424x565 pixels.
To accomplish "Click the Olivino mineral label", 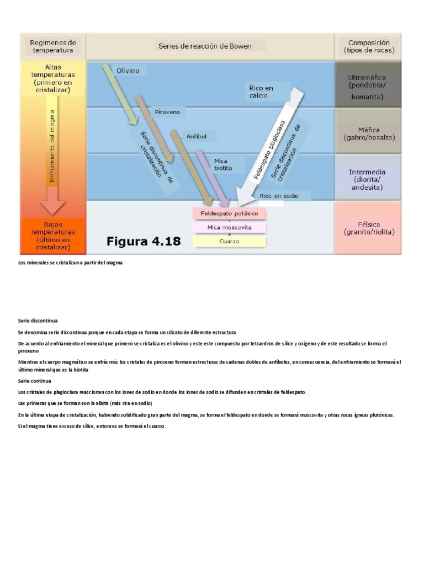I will [x=128, y=71].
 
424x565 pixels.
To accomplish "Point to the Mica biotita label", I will [x=222, y=164].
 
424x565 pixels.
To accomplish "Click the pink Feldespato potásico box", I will [x=229, y=213].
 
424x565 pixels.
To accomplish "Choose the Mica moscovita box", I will [x=229, y=227].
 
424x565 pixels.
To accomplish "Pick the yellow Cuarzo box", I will [x=229, y=241].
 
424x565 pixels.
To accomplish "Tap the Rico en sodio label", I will [x=278, y=196].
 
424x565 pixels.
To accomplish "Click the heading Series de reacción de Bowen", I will [x=205, y=46].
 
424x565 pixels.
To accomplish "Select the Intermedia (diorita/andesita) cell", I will [x=367, y=180].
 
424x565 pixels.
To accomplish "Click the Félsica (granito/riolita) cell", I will [x=367, y=228].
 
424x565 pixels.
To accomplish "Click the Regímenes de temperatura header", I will [x=54, y=46].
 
